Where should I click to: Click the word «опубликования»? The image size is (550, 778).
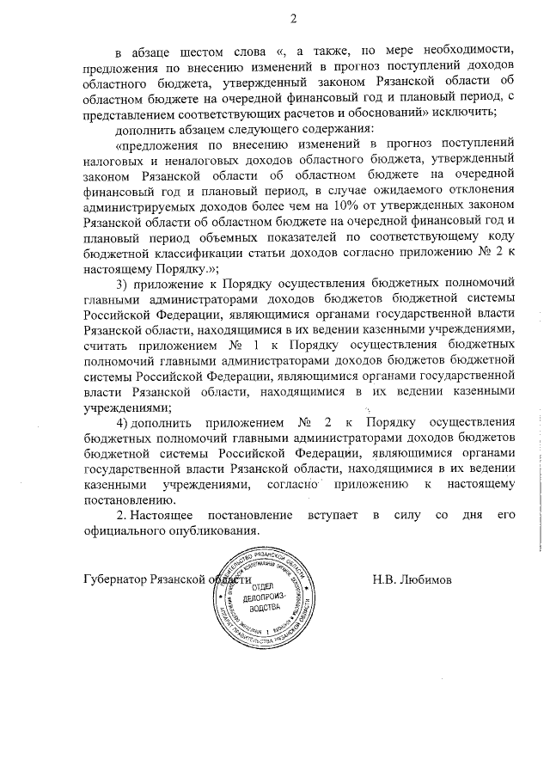click(x=215, y=530)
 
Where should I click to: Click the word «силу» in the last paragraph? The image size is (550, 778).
click(x=408, y=515)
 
